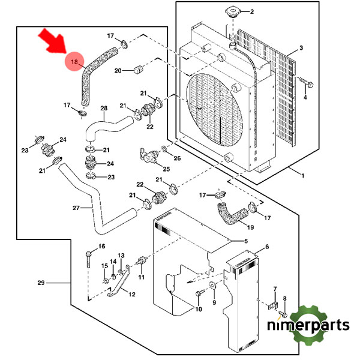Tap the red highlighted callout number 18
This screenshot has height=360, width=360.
[74, 62]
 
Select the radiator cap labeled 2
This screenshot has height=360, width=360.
[231, 13]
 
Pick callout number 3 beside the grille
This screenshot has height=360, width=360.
[301, 47]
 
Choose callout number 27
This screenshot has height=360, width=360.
[76, 208]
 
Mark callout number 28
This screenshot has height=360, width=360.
[103, 109]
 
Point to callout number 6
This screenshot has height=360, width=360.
[266, 247]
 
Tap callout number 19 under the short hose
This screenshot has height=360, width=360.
[250, 227]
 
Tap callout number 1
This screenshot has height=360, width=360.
[303, 175]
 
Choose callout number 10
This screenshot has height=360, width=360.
[199, 310]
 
